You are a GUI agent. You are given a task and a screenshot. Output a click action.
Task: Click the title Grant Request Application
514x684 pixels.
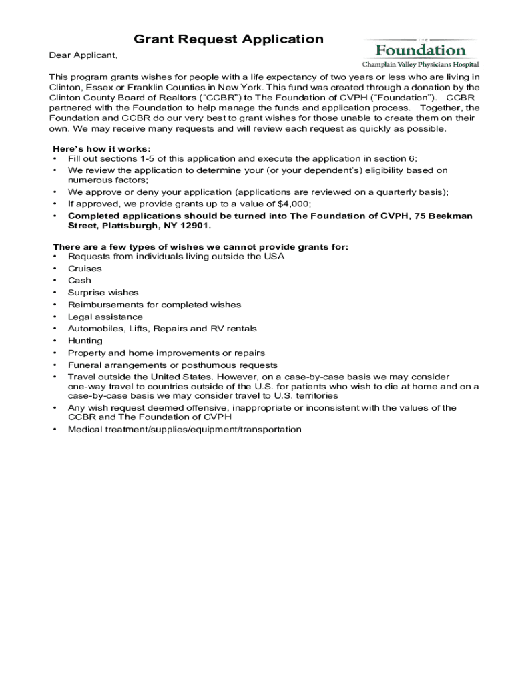pyautogui.click(x=228, y=39)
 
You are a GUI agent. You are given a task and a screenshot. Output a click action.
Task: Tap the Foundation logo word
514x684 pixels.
pyautogui.click(x=420, y=50)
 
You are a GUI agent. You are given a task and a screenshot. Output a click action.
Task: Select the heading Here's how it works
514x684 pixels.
pyautogui.click(x=101, y=148)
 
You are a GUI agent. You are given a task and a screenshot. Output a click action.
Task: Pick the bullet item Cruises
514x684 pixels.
pyautogui.click(x=85, y=269)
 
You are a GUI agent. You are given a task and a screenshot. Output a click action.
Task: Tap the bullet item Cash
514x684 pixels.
pyautogui.click(x=79, y=281)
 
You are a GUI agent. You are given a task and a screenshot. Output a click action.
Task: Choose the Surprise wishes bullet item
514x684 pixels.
pyautogui.click(x=103, y=293)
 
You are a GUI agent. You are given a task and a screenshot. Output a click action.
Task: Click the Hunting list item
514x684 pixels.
pyautogui.click(x=85, y=341)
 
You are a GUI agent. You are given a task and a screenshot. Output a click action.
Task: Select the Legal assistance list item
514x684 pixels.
pyautogui.click(x=105, y=317)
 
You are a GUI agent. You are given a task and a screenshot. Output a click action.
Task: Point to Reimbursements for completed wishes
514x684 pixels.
pyautogui.click(x=154, y=305)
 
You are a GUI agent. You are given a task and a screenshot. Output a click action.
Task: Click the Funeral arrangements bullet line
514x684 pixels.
pyautogui.click(x=172, y=365)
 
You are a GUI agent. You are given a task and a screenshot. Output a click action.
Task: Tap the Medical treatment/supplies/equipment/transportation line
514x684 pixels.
pyautogui.click(x=184, y=430)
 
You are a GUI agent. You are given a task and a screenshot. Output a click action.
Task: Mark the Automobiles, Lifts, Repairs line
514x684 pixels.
pyautogui.click(x=162, y=329)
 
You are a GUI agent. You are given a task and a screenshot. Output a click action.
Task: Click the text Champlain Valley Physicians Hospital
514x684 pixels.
pyautogui.click(x=421, y=65)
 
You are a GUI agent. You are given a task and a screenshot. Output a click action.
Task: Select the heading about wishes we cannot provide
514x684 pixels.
pyautogui.click(x=200, y=247)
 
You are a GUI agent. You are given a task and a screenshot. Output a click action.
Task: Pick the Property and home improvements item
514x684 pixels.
pyautogui.click(x=166, y=353)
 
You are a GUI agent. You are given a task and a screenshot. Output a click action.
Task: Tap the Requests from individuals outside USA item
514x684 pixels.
pyautogui.click(x=176, y=256)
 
